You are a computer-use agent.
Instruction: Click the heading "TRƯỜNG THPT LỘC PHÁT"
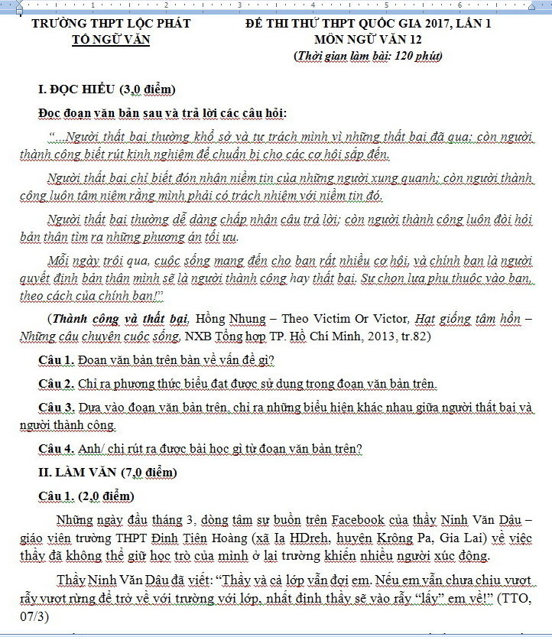click(x=111, y=24)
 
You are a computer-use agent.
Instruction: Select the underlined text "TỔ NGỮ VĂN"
click(x=111, y=40)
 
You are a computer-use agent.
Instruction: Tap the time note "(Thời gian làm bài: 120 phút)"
click(x=367, y=56)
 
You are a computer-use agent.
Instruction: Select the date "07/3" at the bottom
click(x=35, y=614)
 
